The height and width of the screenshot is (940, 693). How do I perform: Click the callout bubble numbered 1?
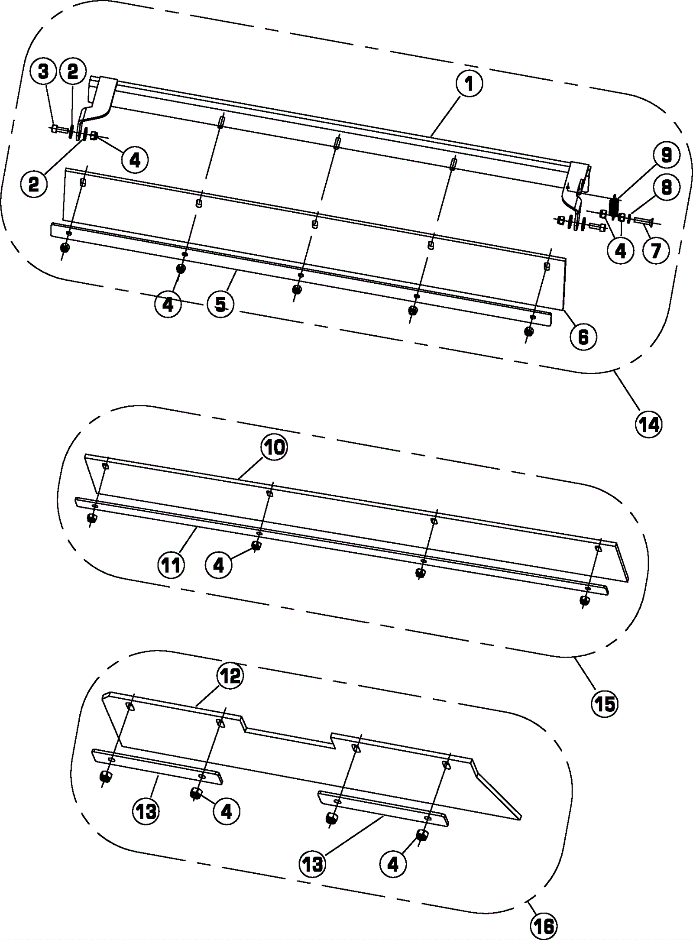tap(468, 84)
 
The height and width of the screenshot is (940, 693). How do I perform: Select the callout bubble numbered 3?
tap(43, 72)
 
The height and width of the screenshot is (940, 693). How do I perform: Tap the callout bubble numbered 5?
tap(220, 305)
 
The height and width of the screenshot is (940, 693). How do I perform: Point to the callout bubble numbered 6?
tap(583, 337)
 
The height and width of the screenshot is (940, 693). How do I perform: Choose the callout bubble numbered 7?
tap(655, 250)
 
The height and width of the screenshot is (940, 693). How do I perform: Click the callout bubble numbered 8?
tap(666, 188)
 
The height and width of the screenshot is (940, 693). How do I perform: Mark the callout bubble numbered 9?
tap(666, 156)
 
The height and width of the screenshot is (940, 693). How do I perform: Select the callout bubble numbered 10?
tap(274, 447)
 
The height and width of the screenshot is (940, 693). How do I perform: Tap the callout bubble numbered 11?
tap(171, 565)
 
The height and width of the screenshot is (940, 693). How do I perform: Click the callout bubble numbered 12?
tap(230, 675)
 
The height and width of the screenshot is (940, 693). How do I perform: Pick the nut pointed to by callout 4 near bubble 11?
tap(256, 545)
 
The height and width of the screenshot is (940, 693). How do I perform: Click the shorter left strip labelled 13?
tap(158, 766)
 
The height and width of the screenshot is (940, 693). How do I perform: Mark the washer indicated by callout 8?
tap(628, 216)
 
